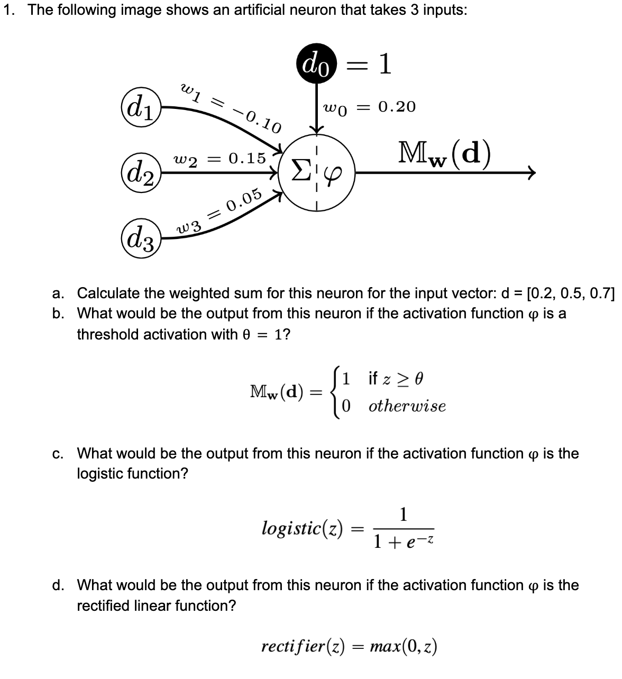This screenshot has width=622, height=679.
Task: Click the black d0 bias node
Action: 316,63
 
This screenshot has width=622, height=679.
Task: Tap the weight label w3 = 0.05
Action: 218,210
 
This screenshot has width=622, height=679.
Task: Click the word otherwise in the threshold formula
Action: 407,406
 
